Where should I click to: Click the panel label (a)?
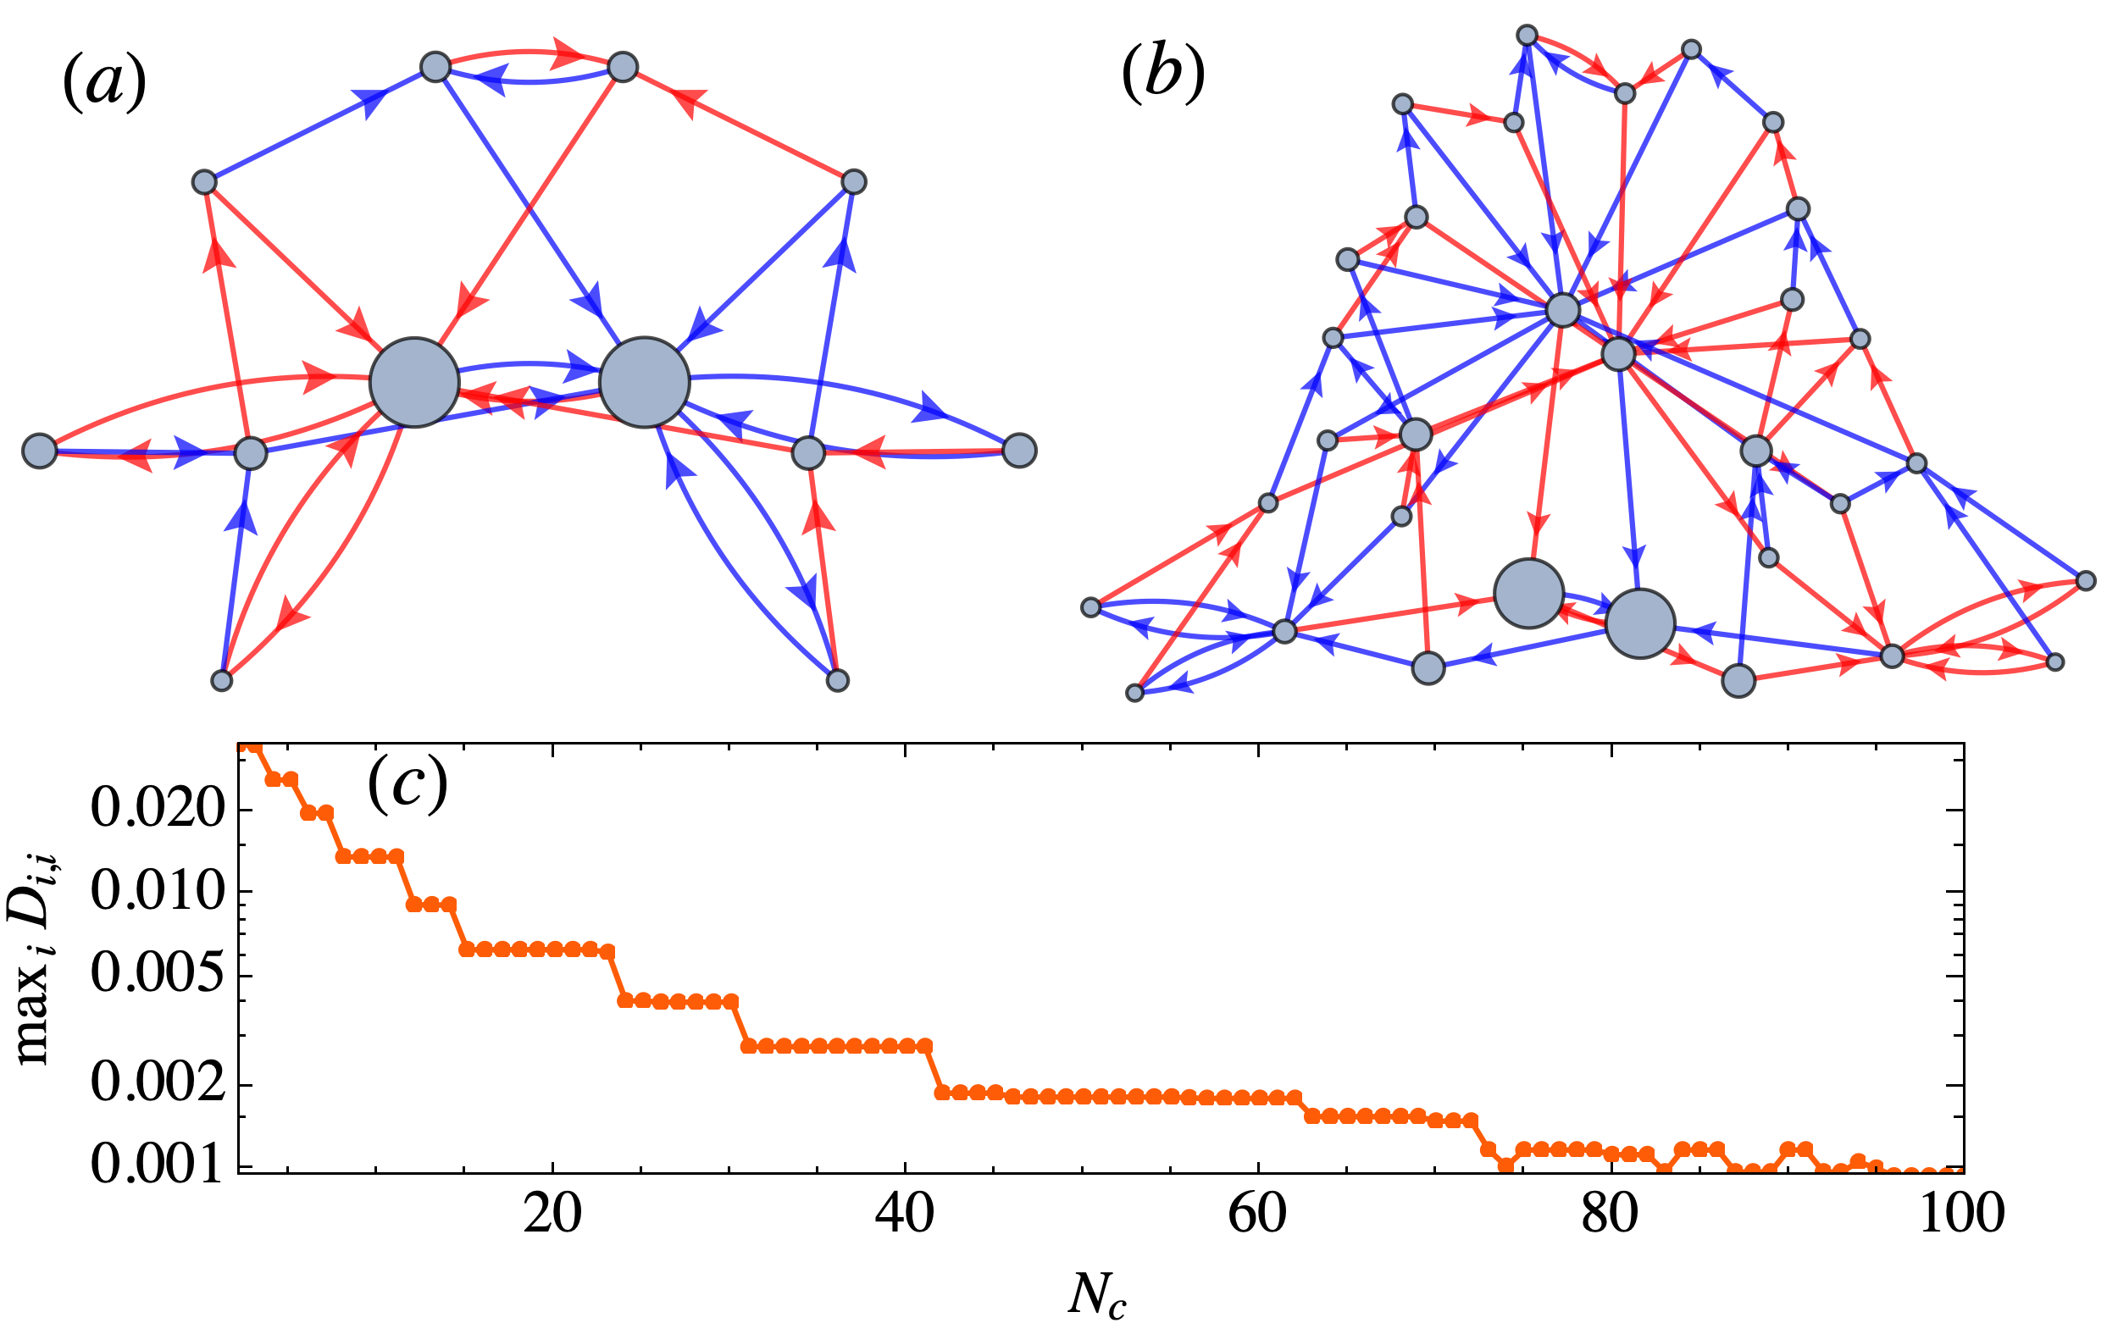pos(105,86)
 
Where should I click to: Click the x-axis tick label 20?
pos(552,1215)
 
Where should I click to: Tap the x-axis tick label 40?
pos(906,1215)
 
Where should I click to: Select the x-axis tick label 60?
pos(1259,1215)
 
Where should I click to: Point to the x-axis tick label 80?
pos(1611,1215)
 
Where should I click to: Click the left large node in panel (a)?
pos(414,383)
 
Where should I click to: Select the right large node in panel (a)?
pos(645,383)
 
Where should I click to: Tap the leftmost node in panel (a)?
pos(40,451)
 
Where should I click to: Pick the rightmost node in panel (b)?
pos(2086,580)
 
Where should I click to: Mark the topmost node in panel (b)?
pos(1528,36)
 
